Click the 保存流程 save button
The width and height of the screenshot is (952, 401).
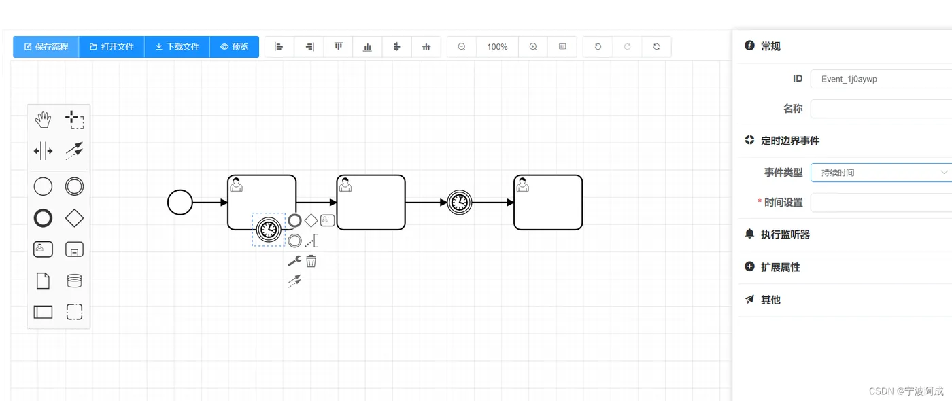tap(46, 47)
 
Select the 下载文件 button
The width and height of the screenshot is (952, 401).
tap(177, 47)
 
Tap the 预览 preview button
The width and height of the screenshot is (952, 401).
tap(234, 47)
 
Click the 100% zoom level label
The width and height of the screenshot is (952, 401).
tap(497, 47)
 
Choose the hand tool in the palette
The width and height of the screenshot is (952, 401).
tap(43, 121)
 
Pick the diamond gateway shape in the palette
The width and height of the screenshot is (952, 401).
tap(74, 218)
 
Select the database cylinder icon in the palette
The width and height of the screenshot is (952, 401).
tap(74, 281)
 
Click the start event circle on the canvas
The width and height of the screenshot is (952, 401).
tap(180, 203)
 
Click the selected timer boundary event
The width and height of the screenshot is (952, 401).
tap(269, 229)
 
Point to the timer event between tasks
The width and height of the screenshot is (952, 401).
tap(460, 203)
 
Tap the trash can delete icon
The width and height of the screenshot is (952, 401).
tap(311, 260)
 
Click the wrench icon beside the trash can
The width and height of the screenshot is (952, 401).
tap(294, 260)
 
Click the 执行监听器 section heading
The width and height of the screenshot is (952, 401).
tap(785, 234)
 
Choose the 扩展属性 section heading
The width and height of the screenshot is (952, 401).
tap(780, 267)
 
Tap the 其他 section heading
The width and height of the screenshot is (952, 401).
tap(770, 300)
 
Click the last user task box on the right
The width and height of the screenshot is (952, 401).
tap(548, 203)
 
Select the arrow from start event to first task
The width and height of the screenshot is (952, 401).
tap(209, 203)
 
